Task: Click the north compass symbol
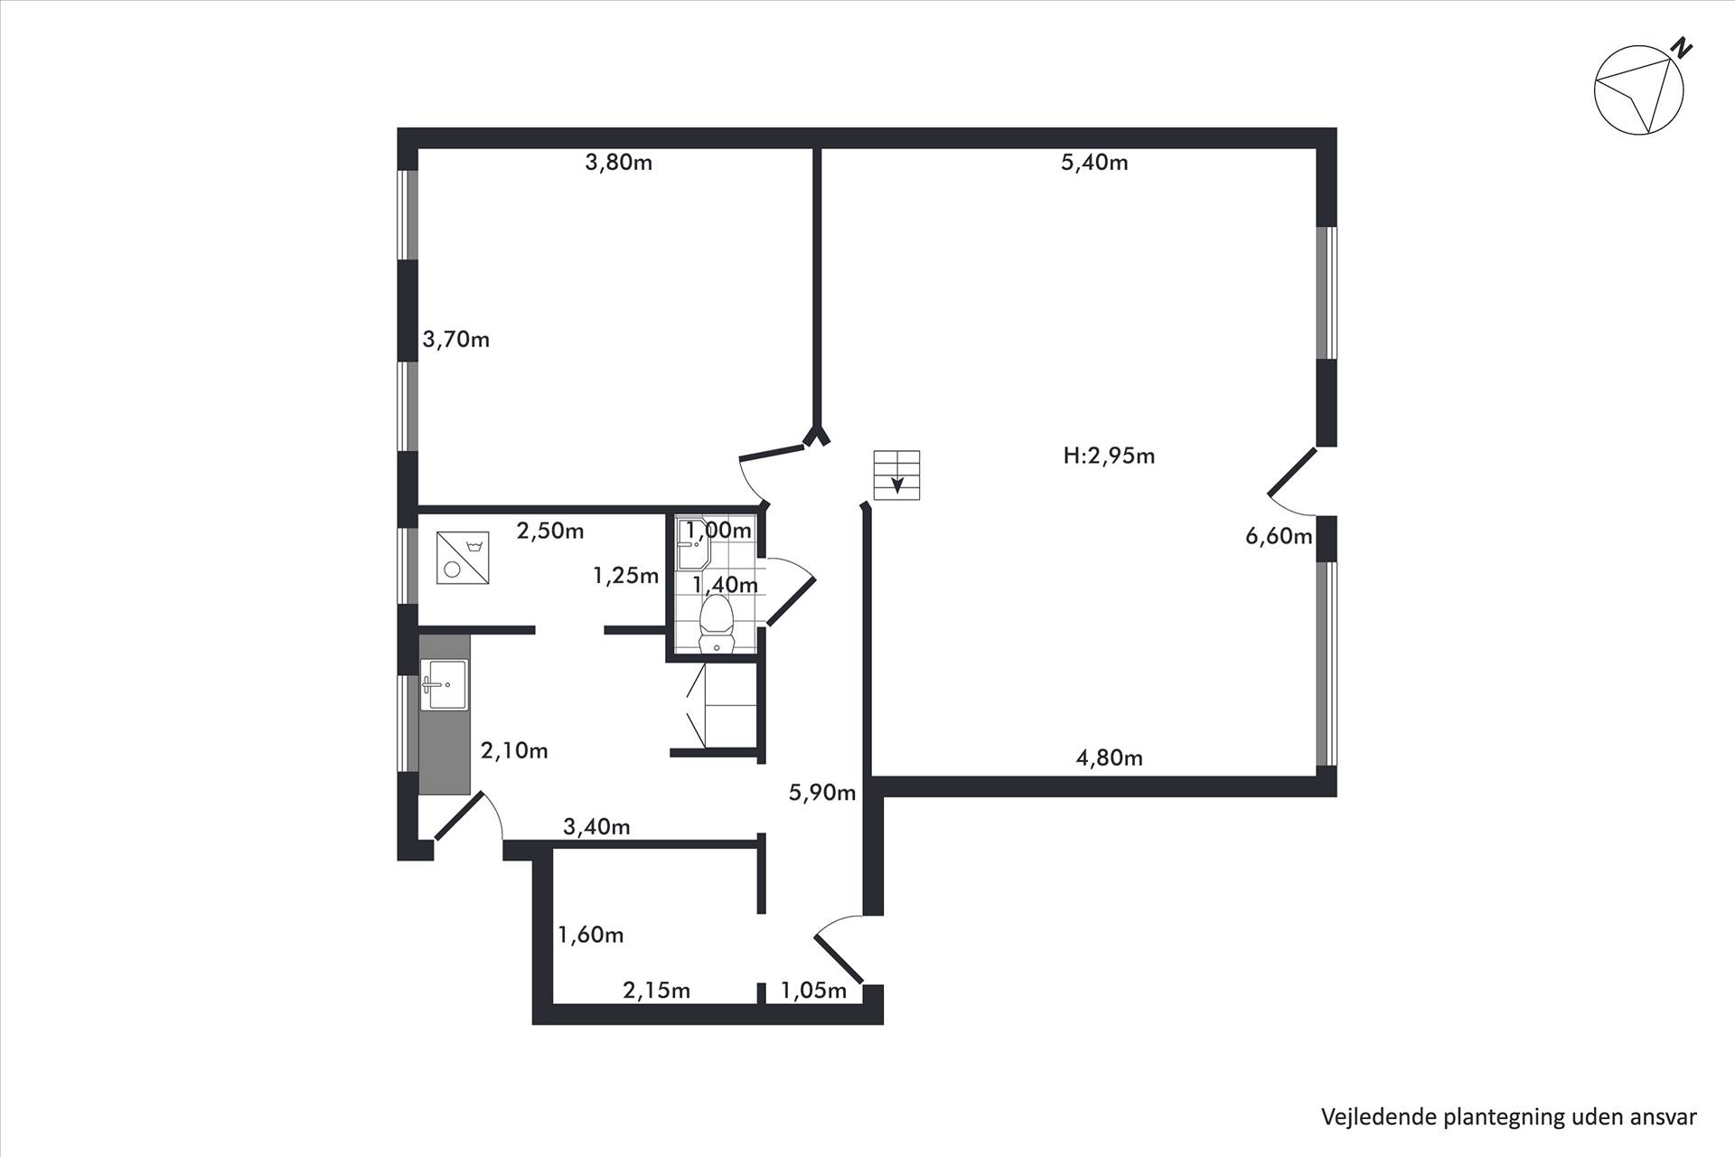point(1640,89)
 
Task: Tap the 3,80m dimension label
point(619,163)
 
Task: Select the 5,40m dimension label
point(1094,163)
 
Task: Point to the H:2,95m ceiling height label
point(1109,456)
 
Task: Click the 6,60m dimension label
point(1279,536)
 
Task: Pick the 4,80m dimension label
point(1109,757)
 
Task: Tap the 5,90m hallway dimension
point(822,793)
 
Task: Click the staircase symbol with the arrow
point(896,475)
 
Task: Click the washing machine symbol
point(463,558)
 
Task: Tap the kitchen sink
point(444,685)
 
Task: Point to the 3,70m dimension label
point(456,340)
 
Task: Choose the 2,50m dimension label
point(550,531)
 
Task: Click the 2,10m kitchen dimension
point(514,750)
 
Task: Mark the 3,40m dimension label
point(596,826)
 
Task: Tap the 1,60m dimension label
point(591,935)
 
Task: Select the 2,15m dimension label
point(657,991)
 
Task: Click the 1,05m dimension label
point(813,991)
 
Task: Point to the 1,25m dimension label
point(625,575)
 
